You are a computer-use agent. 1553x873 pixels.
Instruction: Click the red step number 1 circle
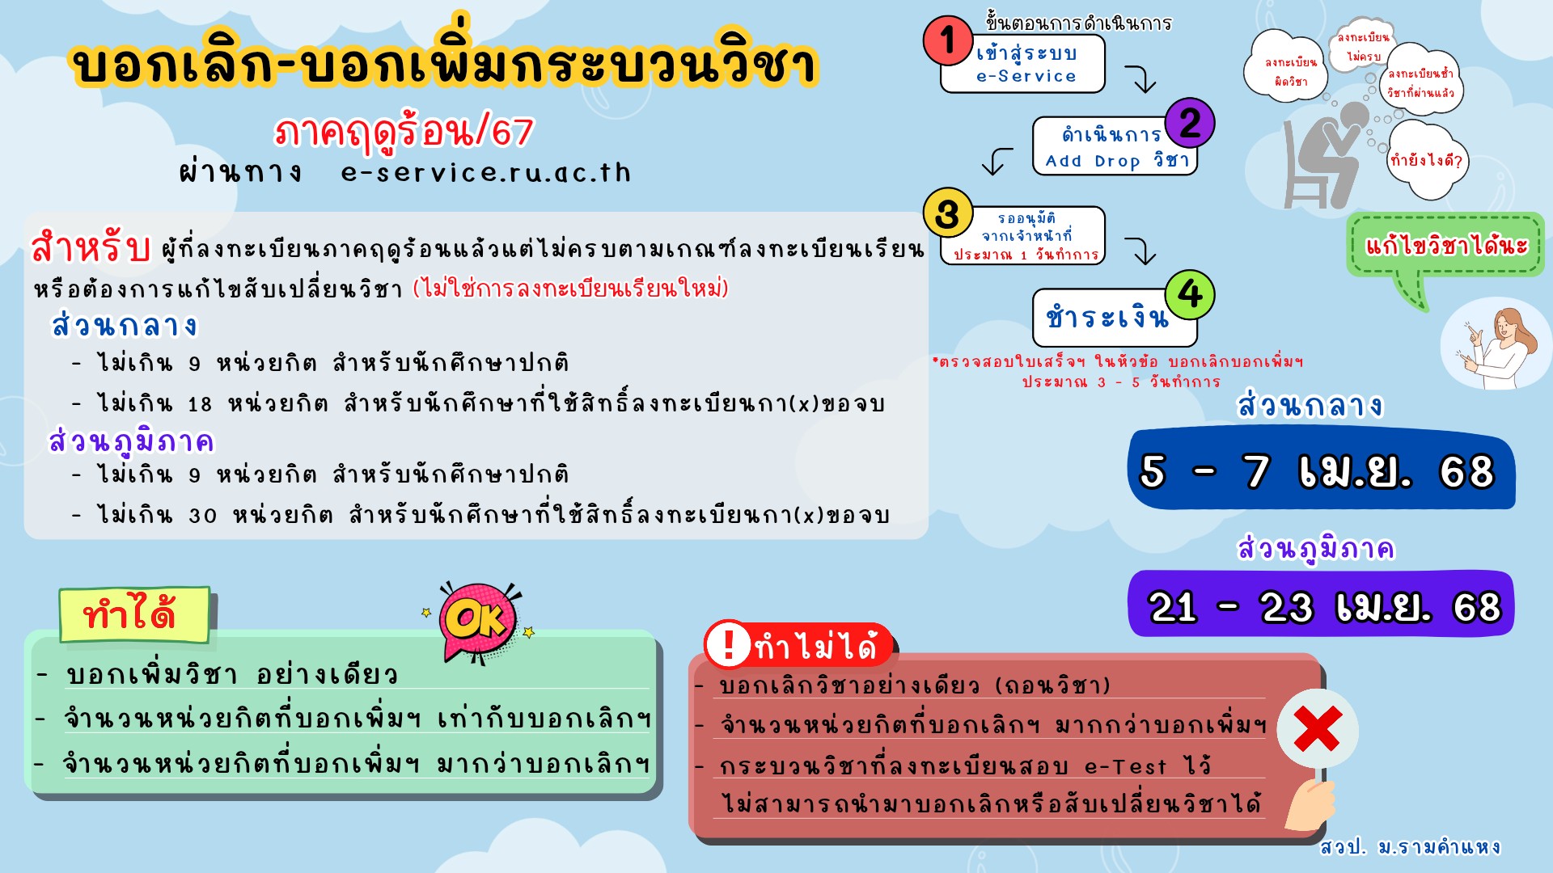[x=948, y=40]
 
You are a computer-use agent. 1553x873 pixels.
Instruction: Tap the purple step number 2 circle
[x=1190, y=123]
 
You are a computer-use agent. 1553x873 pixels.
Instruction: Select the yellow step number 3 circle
[x=948, y=213]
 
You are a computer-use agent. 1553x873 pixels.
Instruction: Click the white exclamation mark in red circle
[x=729, y=644]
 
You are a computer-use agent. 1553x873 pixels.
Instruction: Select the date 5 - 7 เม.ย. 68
[x=1316, y=471]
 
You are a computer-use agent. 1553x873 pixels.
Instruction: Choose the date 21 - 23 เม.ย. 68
[x=1324, y=606]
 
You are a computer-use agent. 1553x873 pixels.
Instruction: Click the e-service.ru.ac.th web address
[x=486, y=172]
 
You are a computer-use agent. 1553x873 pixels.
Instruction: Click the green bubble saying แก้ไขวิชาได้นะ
[x=1445, y=245]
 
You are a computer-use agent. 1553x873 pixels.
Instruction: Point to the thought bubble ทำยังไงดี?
[x=1426, y=159]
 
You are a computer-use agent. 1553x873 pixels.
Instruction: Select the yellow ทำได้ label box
[x=134, y=615]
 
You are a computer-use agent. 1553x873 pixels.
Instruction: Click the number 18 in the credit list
[x=200, y=404]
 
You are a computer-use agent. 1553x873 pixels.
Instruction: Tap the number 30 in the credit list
[x=203, y=516]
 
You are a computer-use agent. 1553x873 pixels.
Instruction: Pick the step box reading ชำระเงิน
[x=1115, y=318]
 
